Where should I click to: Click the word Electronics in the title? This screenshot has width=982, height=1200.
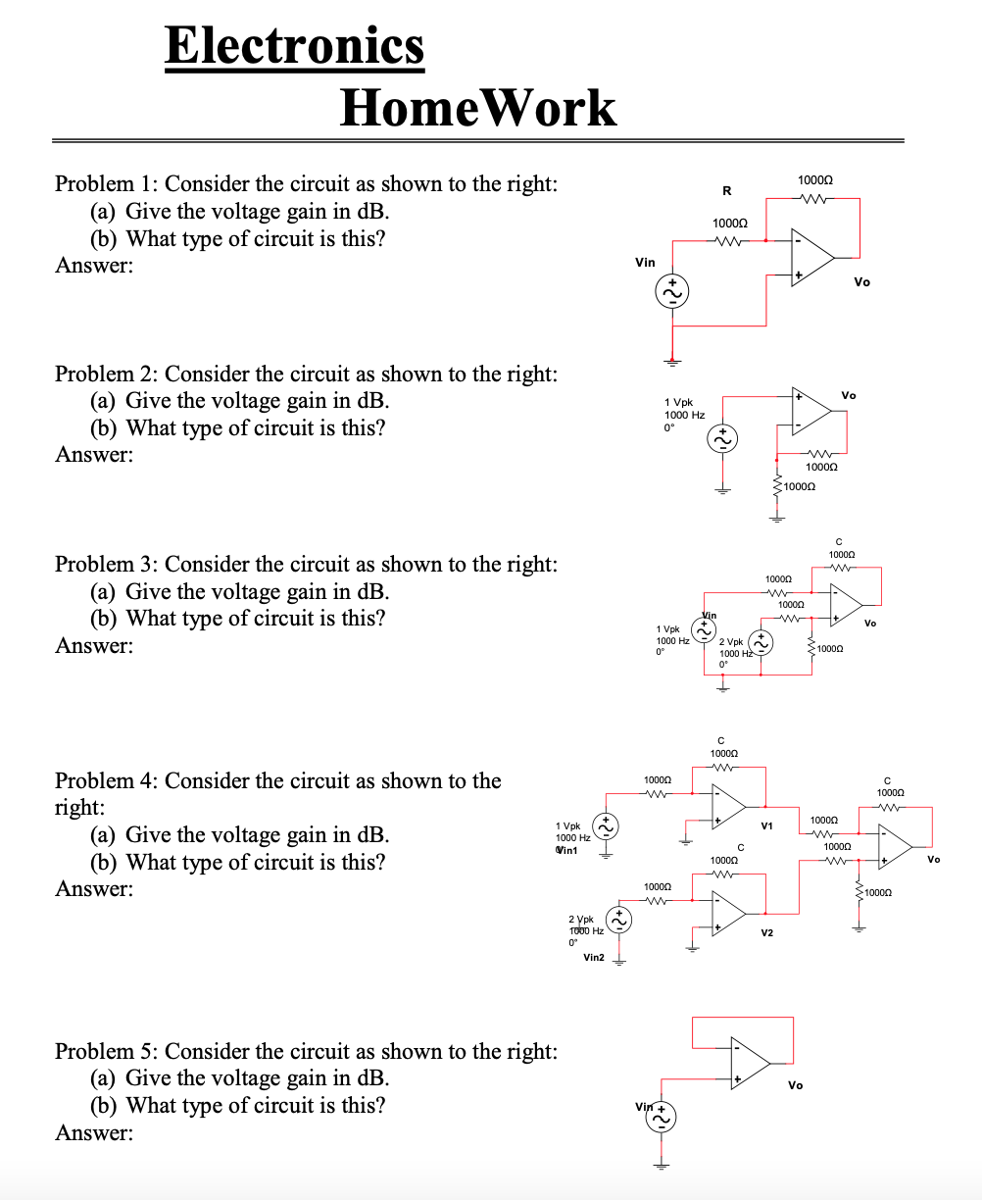pyautogui.click(x=294, y=45)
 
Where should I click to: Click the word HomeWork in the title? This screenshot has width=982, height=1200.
pyautogui.click(x=477, y=108)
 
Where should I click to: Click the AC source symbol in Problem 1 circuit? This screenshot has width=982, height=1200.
pyautogui.click(x=672, y=291)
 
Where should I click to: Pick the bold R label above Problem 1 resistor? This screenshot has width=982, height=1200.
pyautogui.click(x=726, y=189)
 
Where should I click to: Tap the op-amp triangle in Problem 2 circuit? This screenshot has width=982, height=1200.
pyautogui.click(x=810, y=411)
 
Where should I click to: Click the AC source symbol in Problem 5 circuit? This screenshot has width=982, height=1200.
pyautogui.click(x=662, y=1119)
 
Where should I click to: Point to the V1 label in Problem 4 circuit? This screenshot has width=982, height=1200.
pyautogui.click(x=766, y=825)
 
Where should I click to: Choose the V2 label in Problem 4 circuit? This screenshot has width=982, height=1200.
pyautogui.click(x=766, y=932)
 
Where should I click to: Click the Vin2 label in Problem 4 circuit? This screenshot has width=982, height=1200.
pyautogui.click(x=594, y=957)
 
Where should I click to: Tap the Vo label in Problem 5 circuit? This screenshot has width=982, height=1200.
pyautogui.click(x=795, y=1085)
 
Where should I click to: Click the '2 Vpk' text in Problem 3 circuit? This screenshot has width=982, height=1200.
pyautogui.click(x=730, y=641)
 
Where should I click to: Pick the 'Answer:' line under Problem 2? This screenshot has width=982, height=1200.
pyautogui.click(x=94, y=454)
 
